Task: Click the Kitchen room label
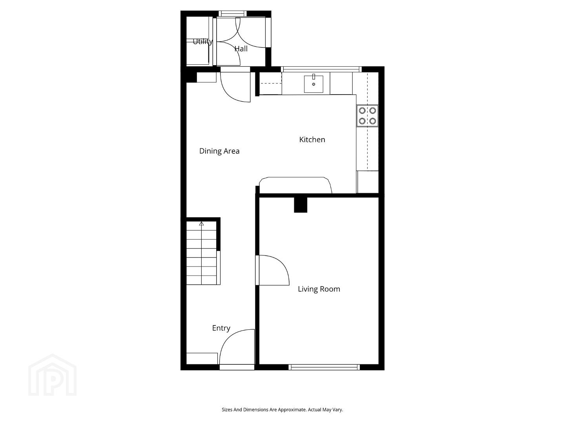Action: coord(312,139)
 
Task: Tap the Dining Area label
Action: coord(219,151)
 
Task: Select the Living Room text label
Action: coord(319,289)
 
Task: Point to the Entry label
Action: coord(221,328)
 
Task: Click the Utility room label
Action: coord(202,42)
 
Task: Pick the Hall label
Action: coord(241,49)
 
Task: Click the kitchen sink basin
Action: coord(313,84)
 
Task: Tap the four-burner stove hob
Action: coord(367,115)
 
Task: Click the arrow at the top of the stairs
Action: coord(202,224)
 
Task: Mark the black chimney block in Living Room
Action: coord(301,205)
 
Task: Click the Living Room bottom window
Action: coord(324,367)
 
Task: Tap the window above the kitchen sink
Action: coord(321,69)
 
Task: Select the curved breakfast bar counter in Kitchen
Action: coord(295,185)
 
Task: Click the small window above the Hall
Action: coord(232,13)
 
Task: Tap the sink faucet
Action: coord(313,77)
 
